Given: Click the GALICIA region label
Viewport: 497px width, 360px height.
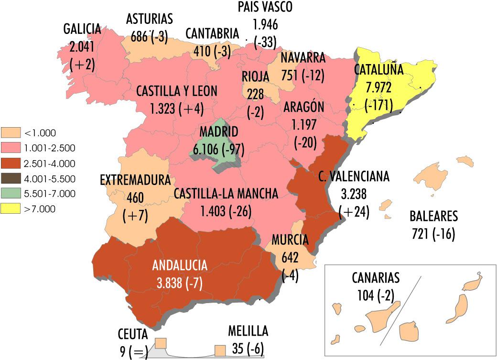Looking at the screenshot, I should point(82,29).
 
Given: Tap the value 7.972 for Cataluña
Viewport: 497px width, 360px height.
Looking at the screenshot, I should point(378,87).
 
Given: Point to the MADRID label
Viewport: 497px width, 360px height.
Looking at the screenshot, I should point(219,131).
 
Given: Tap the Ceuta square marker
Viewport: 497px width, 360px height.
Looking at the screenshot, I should point(161,343).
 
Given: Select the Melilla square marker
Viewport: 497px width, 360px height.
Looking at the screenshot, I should point(220,350).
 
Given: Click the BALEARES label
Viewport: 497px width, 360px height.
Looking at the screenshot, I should point(433,216).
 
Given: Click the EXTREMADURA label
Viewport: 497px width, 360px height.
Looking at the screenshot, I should point(135,180).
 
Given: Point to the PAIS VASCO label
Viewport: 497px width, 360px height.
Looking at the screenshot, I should point(265,7).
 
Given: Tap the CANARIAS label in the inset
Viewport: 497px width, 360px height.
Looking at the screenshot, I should point(375,277).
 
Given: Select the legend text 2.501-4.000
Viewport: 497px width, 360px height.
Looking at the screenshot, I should point(49,164).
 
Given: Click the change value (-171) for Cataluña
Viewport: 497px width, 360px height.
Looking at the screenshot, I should point(378,105).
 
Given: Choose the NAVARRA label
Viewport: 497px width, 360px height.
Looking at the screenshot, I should point(303,58).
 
